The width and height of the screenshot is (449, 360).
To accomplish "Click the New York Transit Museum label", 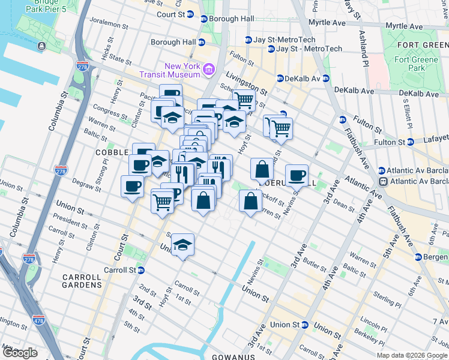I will [x=182, y=70].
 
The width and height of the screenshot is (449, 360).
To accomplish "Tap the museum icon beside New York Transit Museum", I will [x=209, y=70].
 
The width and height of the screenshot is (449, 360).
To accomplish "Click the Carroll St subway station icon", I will [x=140, y=270].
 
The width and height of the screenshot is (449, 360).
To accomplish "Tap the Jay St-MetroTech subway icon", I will [x=247, y=40].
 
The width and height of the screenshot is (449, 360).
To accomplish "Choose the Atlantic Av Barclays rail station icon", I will [x=382, y=181].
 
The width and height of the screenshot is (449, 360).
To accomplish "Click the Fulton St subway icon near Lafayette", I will [x=411, y=142].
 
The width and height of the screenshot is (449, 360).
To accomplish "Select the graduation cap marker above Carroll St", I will [x=182, y=244].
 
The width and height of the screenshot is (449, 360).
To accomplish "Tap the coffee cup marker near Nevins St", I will [x=297, y=175].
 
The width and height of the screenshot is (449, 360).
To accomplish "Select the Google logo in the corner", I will [x=19, y=353].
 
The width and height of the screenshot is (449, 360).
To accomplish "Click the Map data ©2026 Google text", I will [x=411, y=355].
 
